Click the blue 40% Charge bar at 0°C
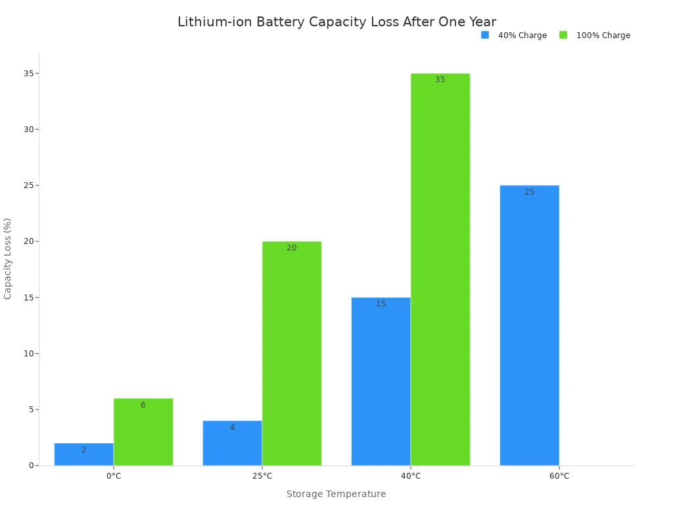point(83,454)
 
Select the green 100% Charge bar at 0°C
point(143,432)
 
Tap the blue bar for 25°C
point(232,443)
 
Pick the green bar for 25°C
point(292,354)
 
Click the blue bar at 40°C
point(381,381)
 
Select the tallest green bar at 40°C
point(440,270)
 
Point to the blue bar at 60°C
point(529,325)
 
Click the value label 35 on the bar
point(440,80)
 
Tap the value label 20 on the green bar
point(292,248)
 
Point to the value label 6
point(143,405)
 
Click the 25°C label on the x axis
point(262,476)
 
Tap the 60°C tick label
point(559,476)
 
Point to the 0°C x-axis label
point(114,476)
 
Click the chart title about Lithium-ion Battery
point(336,22)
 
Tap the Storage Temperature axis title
point(336,494)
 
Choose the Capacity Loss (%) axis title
point(8,258)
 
